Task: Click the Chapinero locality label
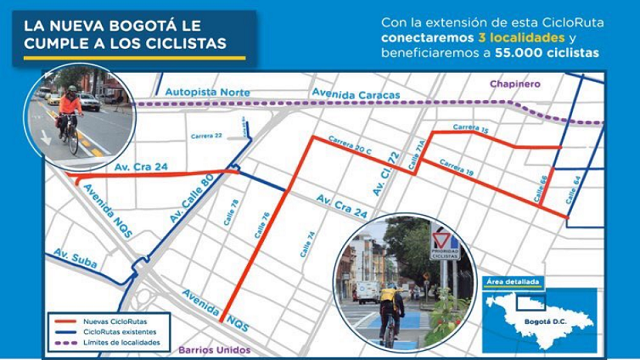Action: coord(517,85)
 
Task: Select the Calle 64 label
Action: coord(576,188)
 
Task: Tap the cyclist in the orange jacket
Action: coord(70,110)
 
